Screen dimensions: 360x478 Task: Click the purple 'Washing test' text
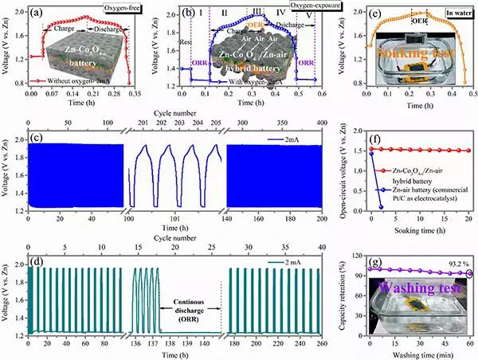pos(417,284)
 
